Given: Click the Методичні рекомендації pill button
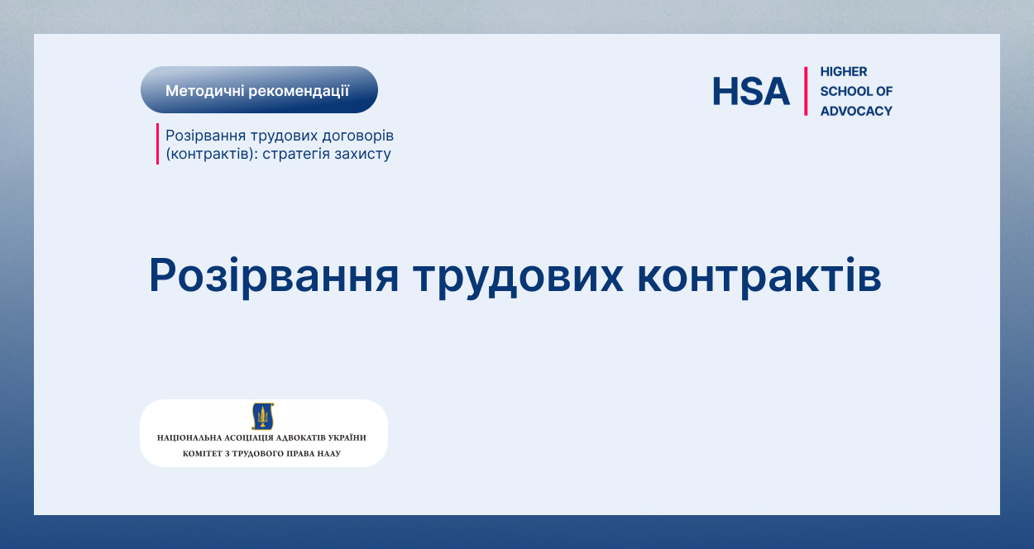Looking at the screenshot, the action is click(x=259, y=90).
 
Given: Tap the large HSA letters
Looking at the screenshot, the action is click(x=751, y=91).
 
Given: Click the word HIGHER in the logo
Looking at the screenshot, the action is click(x=844, y=72).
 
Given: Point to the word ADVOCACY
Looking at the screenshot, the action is click(x=856, y=111).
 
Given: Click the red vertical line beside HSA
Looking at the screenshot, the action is click(x=806, y=91).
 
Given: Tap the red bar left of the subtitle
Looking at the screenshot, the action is click(x=157, y=144).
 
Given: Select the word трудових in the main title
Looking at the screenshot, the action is click(x=519, y=277).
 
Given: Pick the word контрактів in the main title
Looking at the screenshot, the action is click(x=759, y=276).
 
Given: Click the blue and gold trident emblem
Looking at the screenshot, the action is click(x=263, y=416).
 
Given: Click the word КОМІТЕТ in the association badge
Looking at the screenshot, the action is click(x=202, y=453).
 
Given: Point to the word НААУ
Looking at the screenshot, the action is click(x=329, y=453).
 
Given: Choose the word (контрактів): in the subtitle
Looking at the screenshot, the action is click(x=212, y=154).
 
